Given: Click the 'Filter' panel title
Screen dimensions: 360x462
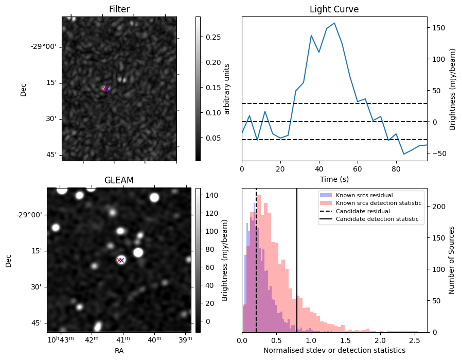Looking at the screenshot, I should (119, 9).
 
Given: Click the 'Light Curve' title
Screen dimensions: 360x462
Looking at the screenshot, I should (334, 9).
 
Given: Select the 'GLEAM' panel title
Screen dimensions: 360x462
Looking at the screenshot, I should (119, 180).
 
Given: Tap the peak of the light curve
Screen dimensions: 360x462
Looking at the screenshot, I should (334, 23).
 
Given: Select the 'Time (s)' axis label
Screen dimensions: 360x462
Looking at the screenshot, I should (334, 178).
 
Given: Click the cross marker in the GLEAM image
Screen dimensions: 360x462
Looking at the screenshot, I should (120, 260).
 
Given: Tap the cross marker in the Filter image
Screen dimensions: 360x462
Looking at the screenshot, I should (105, 89).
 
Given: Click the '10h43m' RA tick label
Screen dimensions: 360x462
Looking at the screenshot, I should (61, 340).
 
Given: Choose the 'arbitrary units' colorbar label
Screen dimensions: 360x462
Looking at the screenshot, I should (227, 89).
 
